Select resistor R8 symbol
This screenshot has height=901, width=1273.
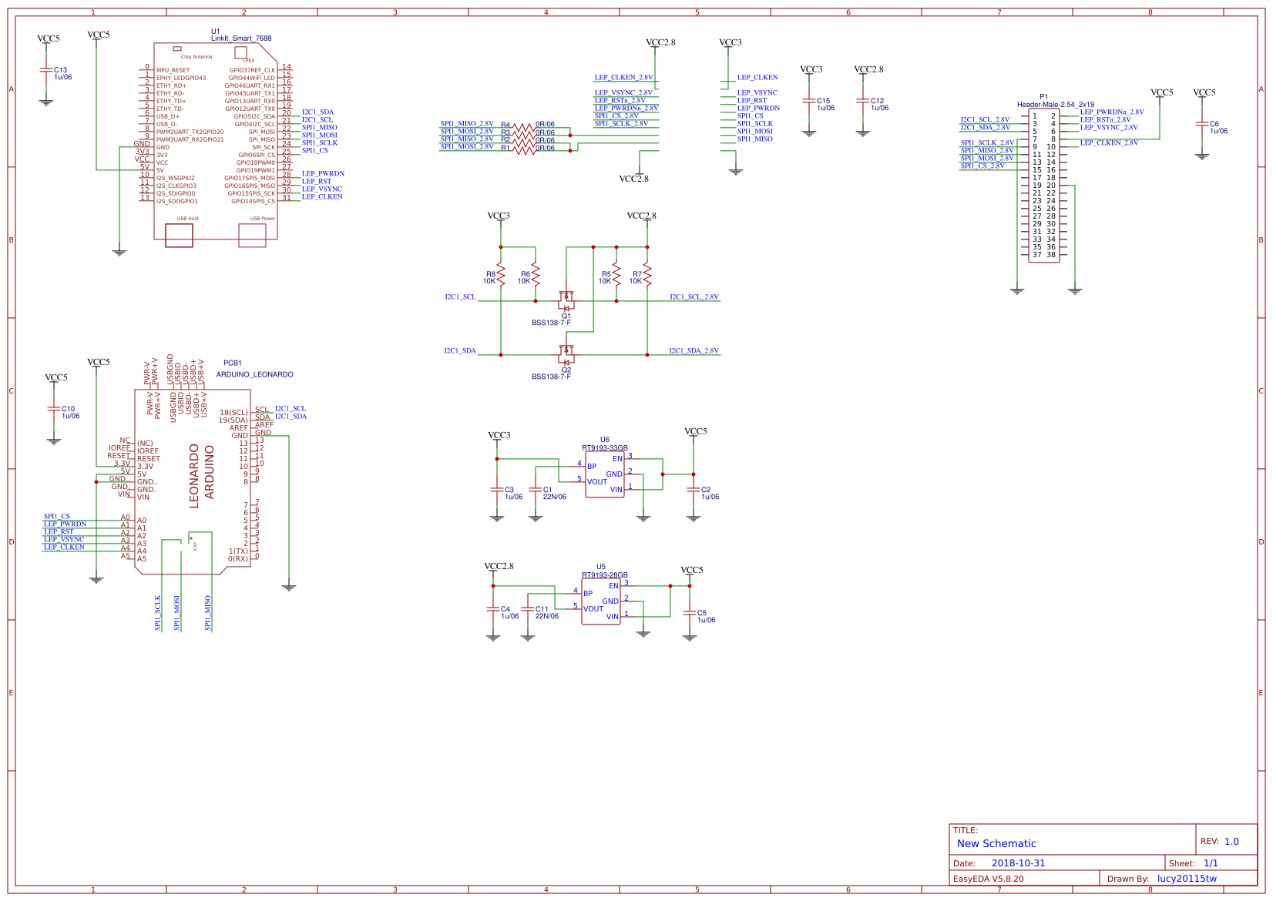(x=501, y=274)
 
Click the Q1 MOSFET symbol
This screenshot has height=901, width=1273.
(x=566, y=299)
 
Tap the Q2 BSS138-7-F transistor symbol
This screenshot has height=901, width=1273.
(x=566, y=353)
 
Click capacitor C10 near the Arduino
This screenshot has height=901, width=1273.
(x=53, y=409)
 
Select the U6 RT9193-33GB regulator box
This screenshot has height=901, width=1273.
(x=604, y=474)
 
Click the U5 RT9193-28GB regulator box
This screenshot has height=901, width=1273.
(x=600, y=601)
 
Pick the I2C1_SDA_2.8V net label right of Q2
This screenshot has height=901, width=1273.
(x=694, y=351)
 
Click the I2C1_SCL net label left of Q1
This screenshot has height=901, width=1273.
(x=460, y=297)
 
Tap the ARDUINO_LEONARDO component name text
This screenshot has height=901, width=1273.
(x=254, y=375)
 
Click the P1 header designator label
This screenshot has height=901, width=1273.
(x=1044, y=97)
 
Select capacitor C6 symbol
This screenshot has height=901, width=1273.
(x=1201, y=123)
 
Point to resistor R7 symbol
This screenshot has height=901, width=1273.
(x=647, y=274)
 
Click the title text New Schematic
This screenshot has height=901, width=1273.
(x=996, y=843)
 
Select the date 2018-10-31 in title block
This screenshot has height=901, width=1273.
(x=1018, y=863)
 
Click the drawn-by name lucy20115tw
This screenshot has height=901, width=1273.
(x=1187, y=879)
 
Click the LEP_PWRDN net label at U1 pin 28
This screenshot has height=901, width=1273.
(x=323, y=174)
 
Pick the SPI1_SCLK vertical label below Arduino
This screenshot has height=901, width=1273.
(x=158, y=613)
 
